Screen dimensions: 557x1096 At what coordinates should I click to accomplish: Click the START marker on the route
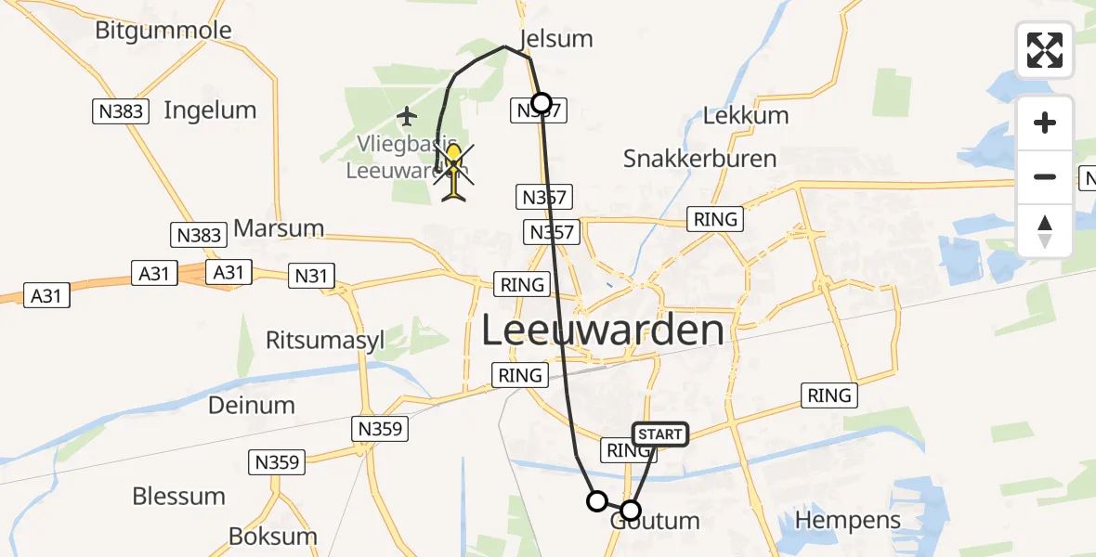[660, 434]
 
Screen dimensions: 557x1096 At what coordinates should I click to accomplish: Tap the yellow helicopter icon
[453, 173]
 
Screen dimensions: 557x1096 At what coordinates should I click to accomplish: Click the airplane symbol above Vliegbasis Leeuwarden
[407, 116]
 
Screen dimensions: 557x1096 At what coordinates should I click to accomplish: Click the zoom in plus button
[1045, 123]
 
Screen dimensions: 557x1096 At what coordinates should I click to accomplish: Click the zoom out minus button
[1045, 176]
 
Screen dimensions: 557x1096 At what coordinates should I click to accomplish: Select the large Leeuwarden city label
[603, 330]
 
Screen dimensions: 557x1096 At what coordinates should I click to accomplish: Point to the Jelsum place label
[556, 39]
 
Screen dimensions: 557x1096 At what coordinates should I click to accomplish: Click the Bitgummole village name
[163, 30]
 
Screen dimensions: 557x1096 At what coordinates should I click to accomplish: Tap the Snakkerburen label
[699, 158]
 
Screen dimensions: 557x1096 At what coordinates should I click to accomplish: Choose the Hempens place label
[849, 520]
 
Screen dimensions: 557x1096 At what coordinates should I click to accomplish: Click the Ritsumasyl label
[325, 341]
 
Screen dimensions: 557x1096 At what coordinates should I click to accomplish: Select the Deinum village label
[252, 405]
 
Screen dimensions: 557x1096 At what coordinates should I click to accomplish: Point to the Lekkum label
[746, 116]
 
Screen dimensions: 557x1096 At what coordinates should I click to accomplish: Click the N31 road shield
[312, 275]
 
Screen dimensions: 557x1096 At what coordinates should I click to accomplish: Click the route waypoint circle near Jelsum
[541, 102]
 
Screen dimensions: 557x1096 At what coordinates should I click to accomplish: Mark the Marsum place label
[279, 228]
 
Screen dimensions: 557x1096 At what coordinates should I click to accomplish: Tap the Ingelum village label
[210, 110]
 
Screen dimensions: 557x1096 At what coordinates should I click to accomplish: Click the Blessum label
[179, 496]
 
